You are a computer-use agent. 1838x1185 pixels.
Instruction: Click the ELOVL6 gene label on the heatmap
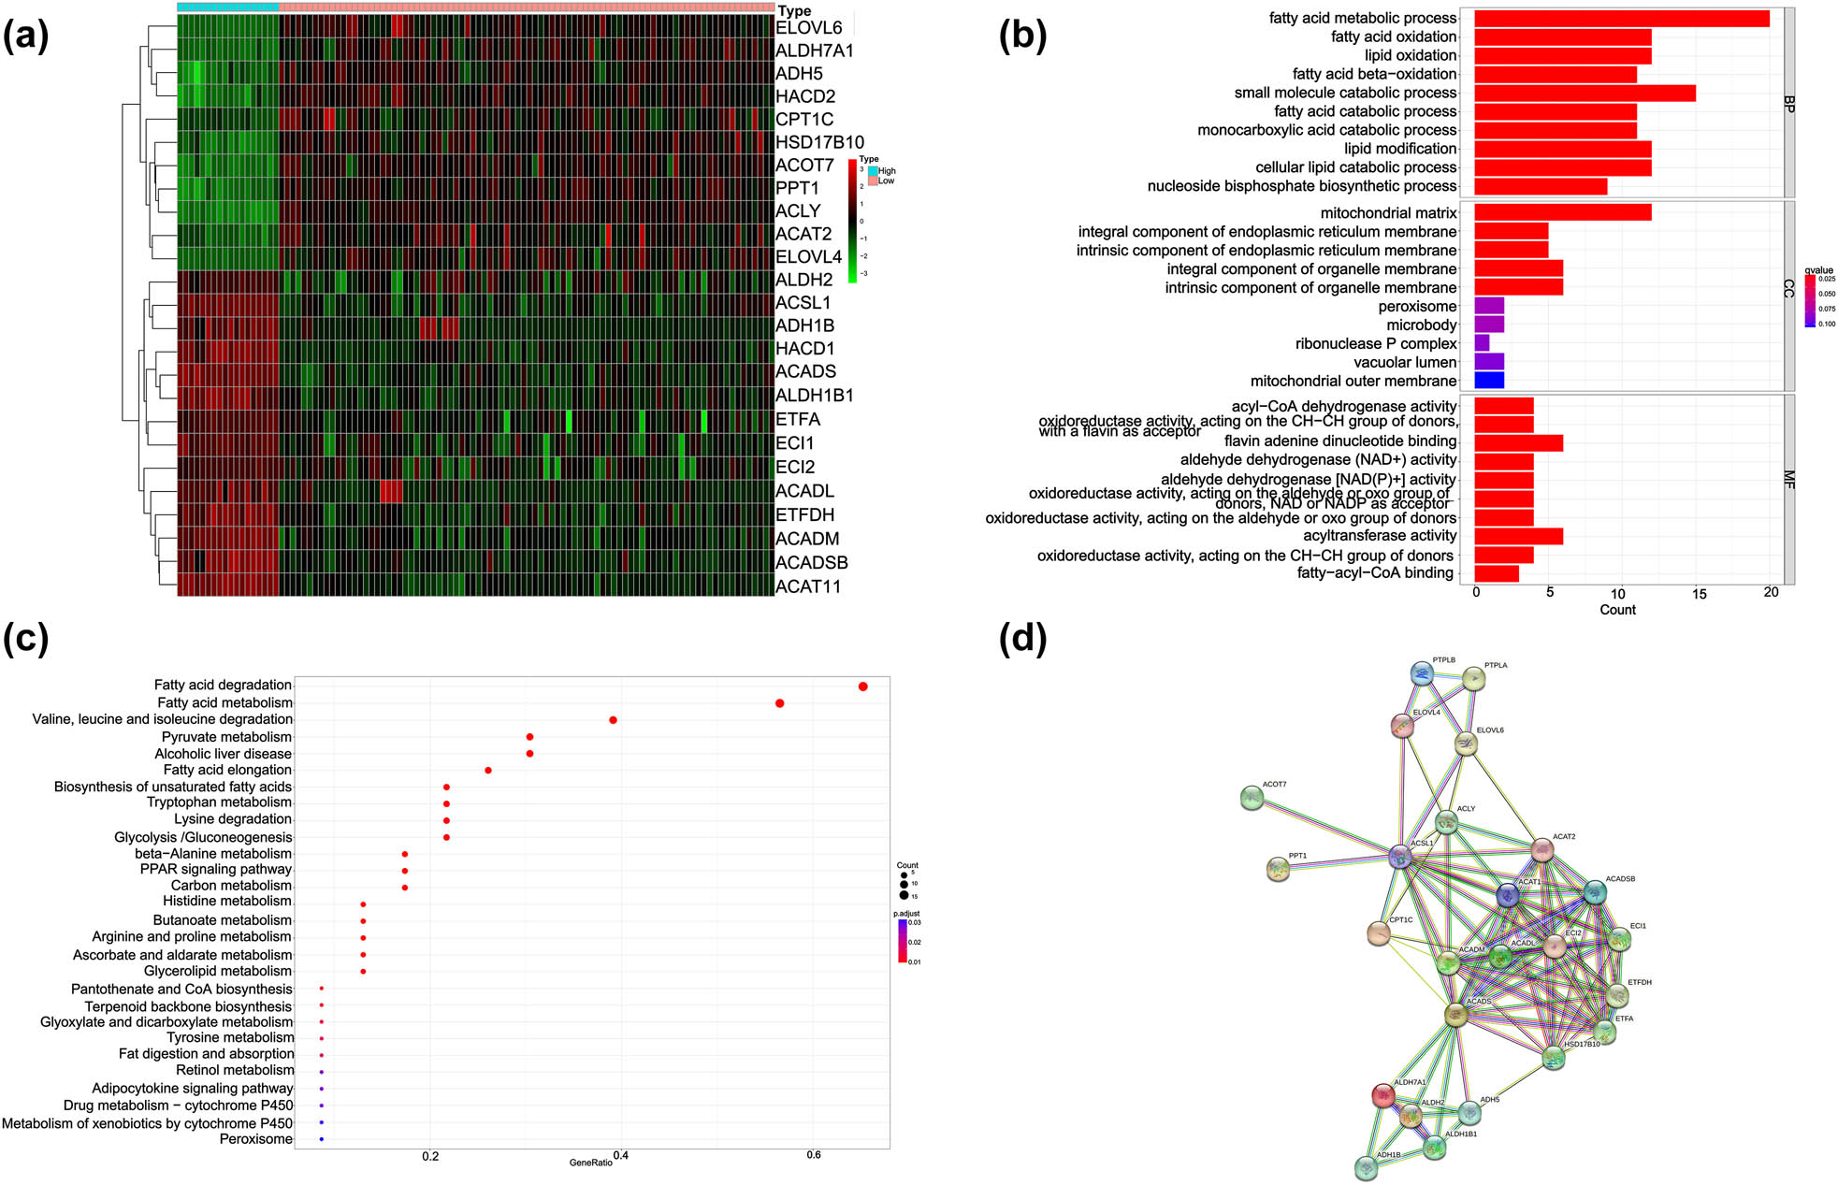click(x=808, y=28)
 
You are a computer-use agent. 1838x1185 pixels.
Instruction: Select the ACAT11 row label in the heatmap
click(x=808, y=586)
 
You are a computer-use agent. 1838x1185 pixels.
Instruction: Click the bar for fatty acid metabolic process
click(x=1621, y=19)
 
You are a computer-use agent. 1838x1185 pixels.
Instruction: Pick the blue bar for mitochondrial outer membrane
click(x=1488, y=381)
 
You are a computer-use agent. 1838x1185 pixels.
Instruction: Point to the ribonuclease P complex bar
click(x=1482, y=343)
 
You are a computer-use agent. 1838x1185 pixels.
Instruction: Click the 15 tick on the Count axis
click(x=1699, y=593)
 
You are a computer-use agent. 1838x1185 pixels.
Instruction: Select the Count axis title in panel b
click(x=1617, y=610)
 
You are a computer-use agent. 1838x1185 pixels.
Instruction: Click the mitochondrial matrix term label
click(x=1388, y=213)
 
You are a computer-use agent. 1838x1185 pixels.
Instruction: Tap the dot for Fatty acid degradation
click(x=862, y=686)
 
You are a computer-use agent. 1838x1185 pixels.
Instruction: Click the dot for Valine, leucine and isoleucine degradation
click(x=613, y=720)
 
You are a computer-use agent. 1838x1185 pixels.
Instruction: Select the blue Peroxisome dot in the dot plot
click(x=321, y=1139)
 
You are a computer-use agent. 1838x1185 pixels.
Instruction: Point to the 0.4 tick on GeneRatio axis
click(x=620, y=1155)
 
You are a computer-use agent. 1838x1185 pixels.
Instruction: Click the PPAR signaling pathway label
click(x=215, y=870)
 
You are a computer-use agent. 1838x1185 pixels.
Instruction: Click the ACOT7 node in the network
click(x=1252, y=798)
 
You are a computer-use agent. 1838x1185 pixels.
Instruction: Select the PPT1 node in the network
click(x=1278, y=870)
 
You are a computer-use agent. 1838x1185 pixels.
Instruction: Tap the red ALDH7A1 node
click(x=1383, y=1095)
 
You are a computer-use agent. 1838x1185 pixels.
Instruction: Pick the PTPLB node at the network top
click(x=1422, y=673)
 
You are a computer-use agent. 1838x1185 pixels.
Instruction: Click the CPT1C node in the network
click(x=1378, y=933)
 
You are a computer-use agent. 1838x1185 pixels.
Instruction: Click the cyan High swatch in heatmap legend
click(x=873, y=171)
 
